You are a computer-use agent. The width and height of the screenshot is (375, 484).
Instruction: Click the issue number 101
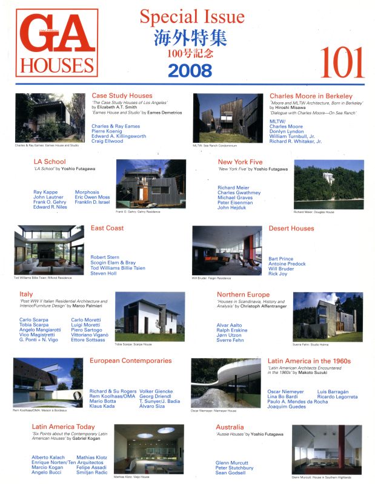tap(337, 59)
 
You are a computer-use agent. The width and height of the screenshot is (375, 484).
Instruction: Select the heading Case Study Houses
tap(122, 96)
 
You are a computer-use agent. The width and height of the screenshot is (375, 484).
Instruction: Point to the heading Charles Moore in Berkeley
tap(310, 96)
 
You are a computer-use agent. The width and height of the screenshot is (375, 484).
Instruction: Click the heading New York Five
tap(240, 162)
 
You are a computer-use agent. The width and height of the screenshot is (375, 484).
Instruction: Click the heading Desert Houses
tap(291, 229)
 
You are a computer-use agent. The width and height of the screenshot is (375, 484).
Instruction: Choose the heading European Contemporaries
tap(130, 361)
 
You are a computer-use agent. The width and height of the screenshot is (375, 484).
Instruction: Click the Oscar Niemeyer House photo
tap(225, 382)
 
